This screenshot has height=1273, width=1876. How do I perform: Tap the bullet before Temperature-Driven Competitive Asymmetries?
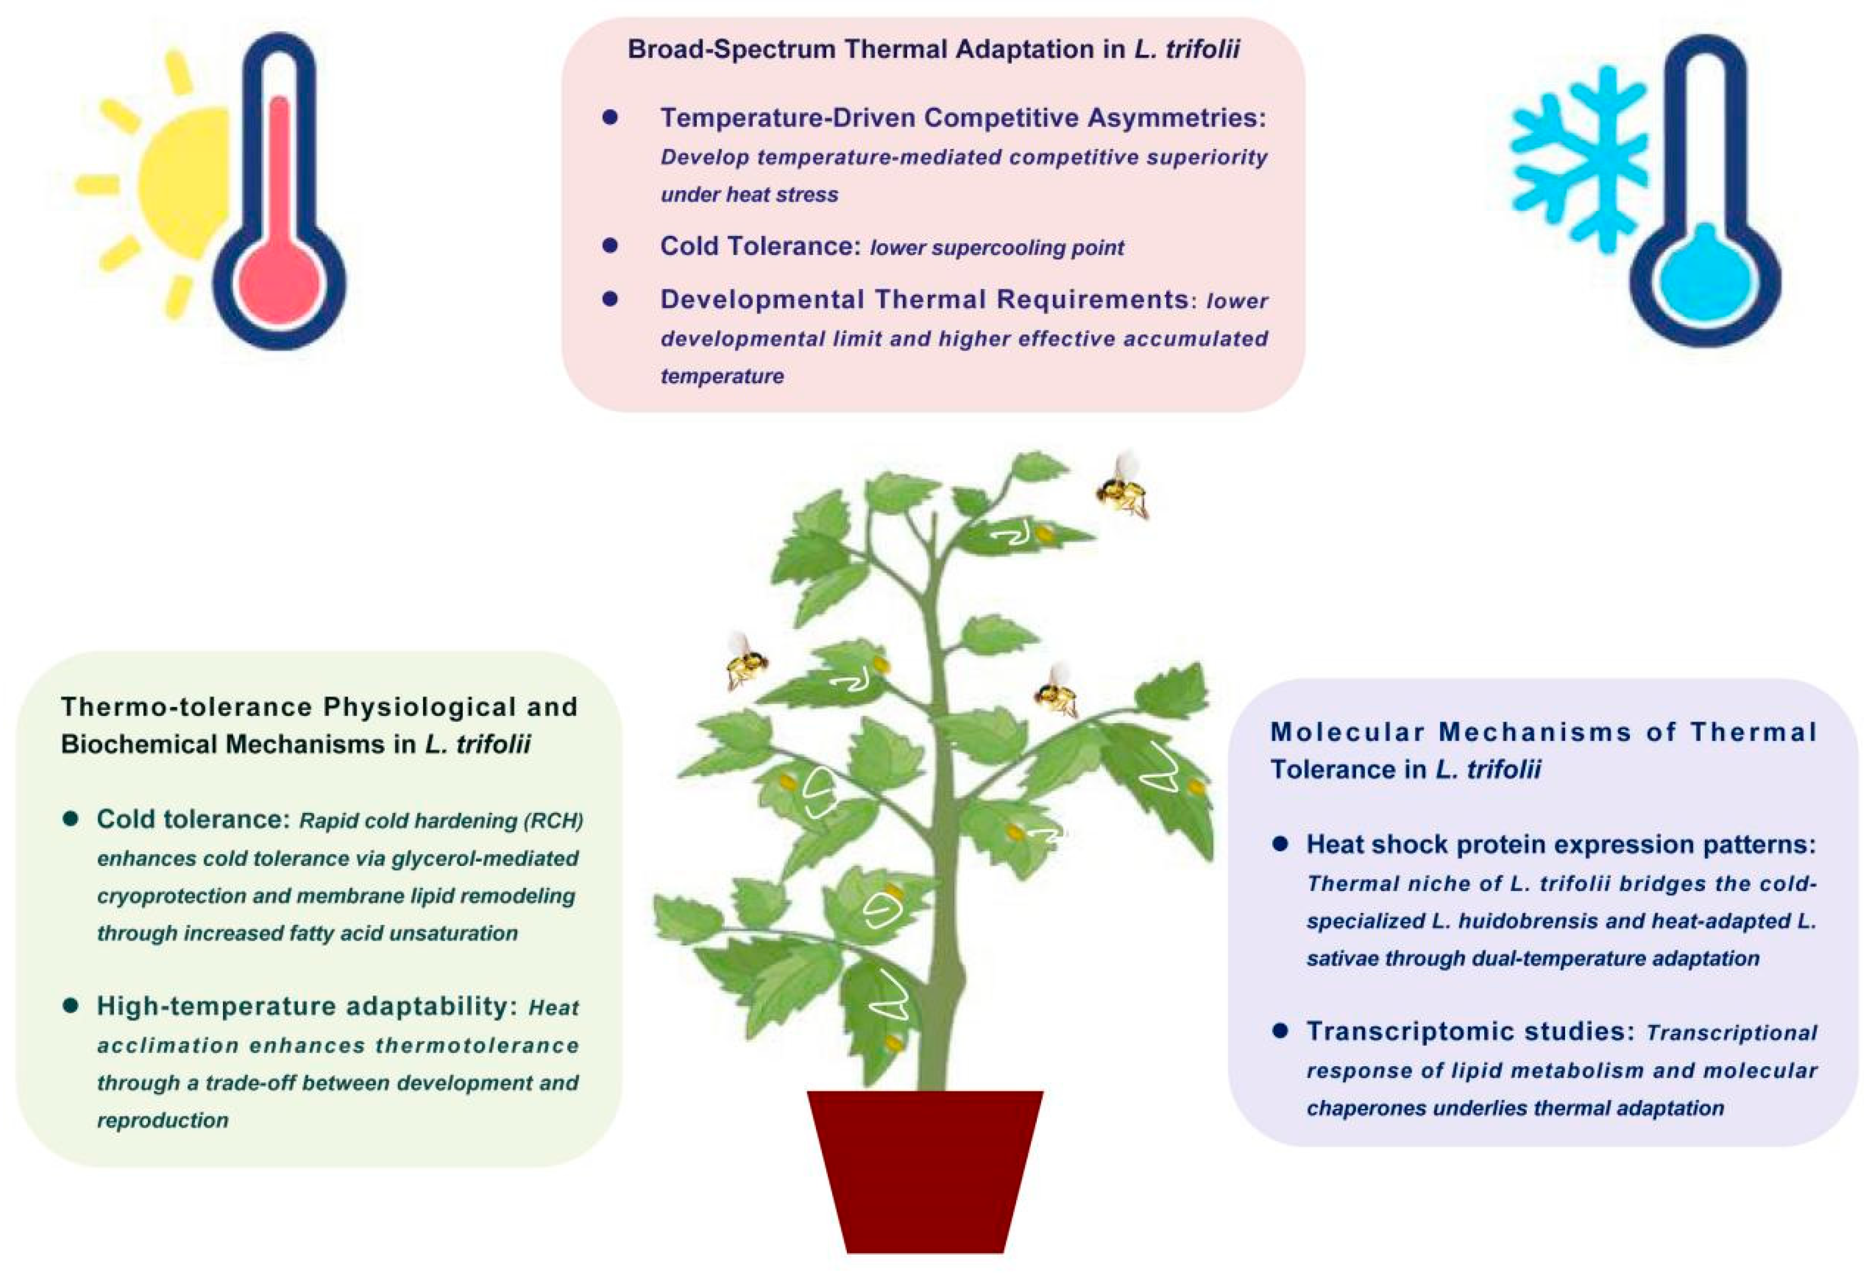pyautogui.click(x=610, y=118)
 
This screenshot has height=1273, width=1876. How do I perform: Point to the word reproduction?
pyautogui.click(x=162, y=1120)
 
